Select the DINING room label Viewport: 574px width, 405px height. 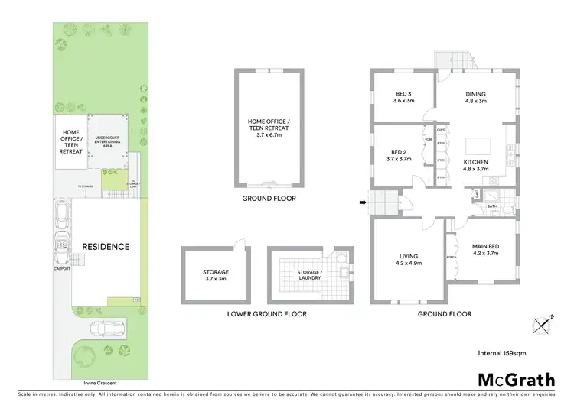pos(476,96)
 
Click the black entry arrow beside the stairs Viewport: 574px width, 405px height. pos(361,202)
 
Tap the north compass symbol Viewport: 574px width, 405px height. pos(543,325)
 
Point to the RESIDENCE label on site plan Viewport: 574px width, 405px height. pos(106,247)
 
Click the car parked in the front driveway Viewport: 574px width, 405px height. pos(105,329)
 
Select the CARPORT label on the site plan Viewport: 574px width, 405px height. pos(62,269)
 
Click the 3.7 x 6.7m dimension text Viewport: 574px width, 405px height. pos(268,134)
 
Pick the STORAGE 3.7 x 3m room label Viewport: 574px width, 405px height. pos(216,275)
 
